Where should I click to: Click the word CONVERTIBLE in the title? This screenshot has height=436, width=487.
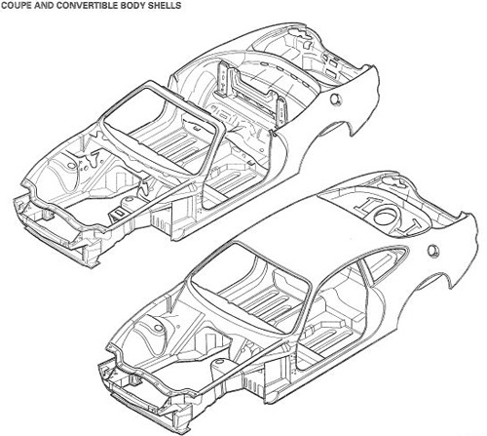tap(72, 5)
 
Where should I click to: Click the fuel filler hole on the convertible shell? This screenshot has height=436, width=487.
tap(335, 99)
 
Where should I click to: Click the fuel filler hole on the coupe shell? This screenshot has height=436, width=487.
tap(433, 251)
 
